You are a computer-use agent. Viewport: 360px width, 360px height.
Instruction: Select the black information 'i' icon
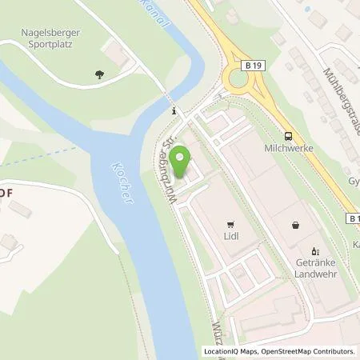(174, 111)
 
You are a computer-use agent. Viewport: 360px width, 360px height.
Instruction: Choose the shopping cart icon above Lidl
(231, 225)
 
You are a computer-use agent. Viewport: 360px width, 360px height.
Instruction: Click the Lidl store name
(232, 238)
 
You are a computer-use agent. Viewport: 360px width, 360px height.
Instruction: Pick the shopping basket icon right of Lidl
(298, 225)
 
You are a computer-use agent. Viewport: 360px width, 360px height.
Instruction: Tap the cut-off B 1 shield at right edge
(353, 217)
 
